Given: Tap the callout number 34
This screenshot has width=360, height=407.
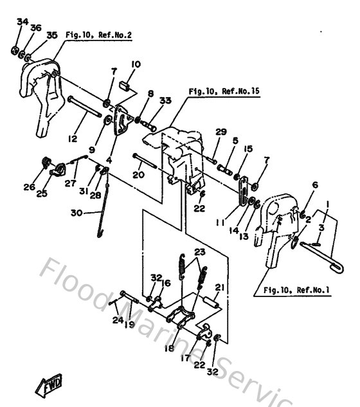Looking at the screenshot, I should pos(22,21).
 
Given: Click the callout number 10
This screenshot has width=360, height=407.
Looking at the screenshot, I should pos(136,64).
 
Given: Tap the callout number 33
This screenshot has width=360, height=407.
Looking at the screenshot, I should pos(165,100).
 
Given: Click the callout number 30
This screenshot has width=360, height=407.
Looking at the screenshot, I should pos(86,213).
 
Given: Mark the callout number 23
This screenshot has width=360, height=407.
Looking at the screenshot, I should pos(199,251).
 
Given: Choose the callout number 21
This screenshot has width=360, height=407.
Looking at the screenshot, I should pos(219,287).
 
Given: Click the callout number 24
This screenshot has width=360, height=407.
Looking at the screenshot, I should pos(116,320).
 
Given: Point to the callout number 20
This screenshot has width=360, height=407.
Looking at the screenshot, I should pos(138,174).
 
